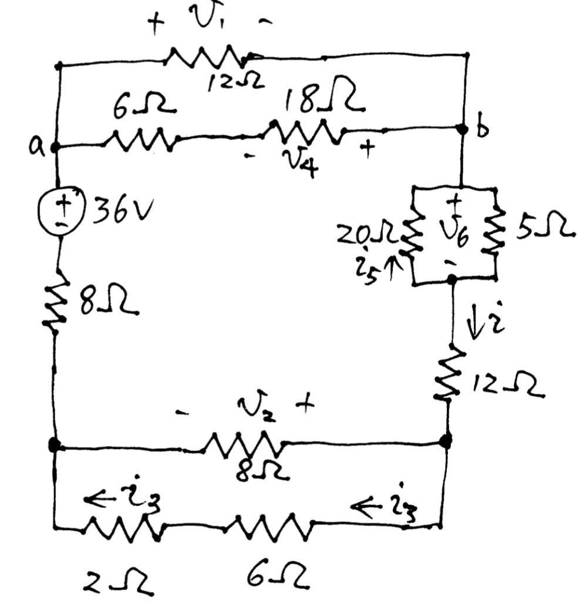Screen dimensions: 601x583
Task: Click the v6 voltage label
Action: [x=451, y=232]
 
